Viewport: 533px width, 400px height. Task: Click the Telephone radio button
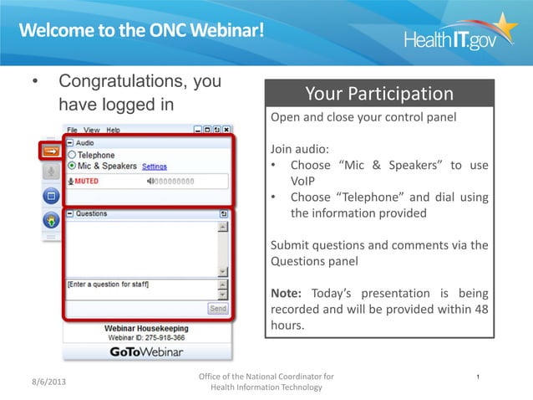point(72,155)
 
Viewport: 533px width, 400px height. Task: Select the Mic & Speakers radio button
point(72,166)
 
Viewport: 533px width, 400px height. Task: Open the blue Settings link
point(155,167)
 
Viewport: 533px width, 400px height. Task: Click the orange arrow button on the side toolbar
point(50,151)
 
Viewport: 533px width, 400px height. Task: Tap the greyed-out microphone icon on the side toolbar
point(50,172)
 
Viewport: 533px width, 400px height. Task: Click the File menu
point(73,131)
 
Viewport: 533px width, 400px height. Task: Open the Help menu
point(112,131)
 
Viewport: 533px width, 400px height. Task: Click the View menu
point(91,131)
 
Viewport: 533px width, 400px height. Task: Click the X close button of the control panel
point(226,131)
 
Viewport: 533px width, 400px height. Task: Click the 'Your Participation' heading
point(378,94)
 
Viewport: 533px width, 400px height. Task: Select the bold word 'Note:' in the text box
point(287,294)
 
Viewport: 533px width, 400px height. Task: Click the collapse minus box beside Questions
point(70,214)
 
